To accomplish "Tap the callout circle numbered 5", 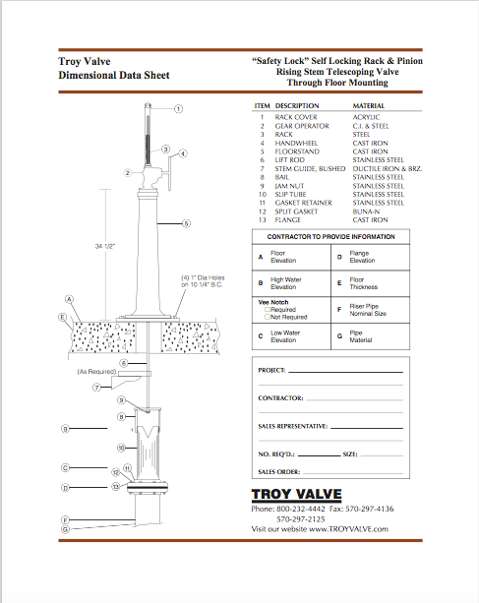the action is pos(186,223).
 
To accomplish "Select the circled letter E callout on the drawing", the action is pos(63,317).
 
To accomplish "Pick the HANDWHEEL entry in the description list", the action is pos(296,144).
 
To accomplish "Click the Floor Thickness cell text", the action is pos(364,285).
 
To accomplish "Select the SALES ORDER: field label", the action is pos(280,471).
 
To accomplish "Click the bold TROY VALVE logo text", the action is pos(294,494).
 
